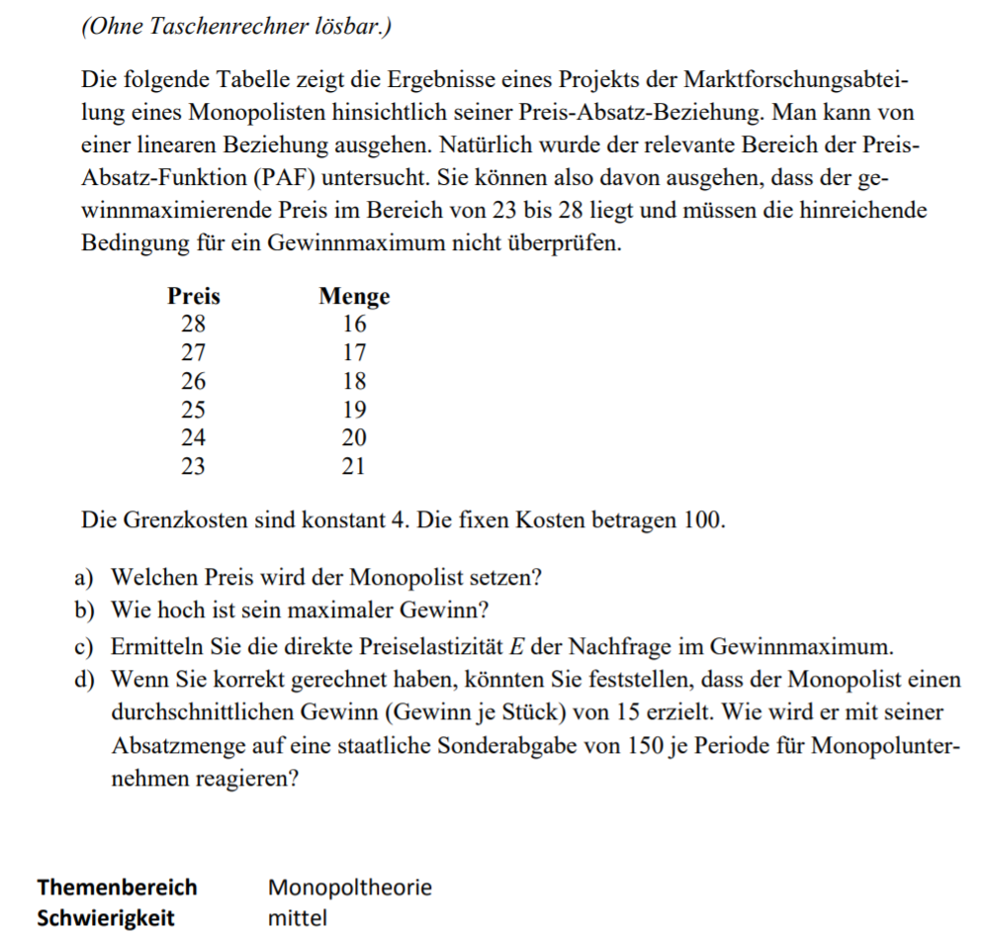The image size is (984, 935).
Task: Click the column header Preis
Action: pyautogui.click(x=193, y=296)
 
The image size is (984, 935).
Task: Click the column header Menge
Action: pyautogui.click(x=354, y=296)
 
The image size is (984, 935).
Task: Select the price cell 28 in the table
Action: pyautogui.click(x=193, y=325)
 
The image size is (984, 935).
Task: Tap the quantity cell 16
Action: pyautogui.click(x=354, y=325)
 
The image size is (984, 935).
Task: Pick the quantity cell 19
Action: pyautogui.click(x=354, y=410)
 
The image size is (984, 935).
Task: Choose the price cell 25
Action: pyautogui.click(x=193, y=410)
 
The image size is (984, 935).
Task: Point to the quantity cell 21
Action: pyautogui.click(x=354, y=467)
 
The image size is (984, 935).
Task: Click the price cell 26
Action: pyautogui.click(x=193, y=381)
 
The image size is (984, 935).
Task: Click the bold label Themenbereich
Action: pyautogui.click(x=117, y=887)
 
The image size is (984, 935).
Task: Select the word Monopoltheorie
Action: pyautogui.click(x=350, y=887)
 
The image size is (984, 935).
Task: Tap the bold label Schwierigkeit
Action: pyautogui.click(x=105, y=917)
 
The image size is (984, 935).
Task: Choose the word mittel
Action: pyautogui.click(x=297, y=917)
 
